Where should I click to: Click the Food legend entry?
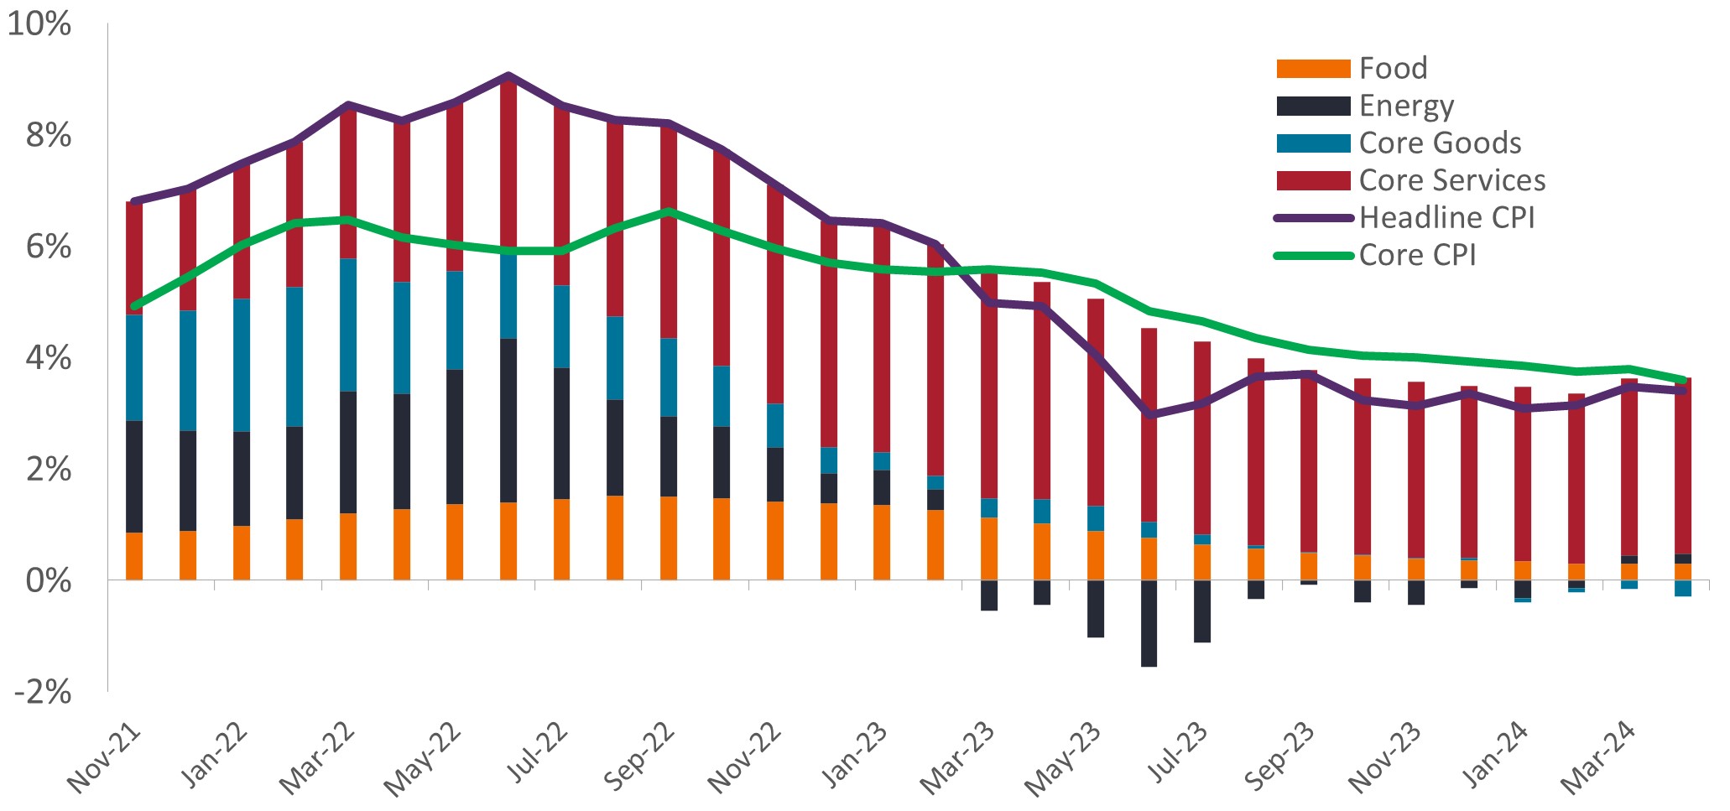coord(1392,68)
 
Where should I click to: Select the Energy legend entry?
coord(1406,106)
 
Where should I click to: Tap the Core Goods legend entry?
coord(1440,143)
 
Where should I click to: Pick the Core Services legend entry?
coord(1451,180)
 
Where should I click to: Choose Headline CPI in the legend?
coord(1446,217)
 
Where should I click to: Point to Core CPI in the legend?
coord(1417,255)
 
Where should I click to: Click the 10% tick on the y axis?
coord(39,24)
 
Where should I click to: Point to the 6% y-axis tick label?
coord(48,247)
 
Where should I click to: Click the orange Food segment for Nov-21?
coord(134,556)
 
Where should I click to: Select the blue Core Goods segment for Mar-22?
coord(348,325)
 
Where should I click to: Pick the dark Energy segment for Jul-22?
coord(562,433)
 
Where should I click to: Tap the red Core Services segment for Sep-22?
coord(669,231)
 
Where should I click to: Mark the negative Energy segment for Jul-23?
coord(1202,611)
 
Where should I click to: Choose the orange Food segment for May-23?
coord(1096,555)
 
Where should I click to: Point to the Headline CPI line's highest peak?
coord(508,75)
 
